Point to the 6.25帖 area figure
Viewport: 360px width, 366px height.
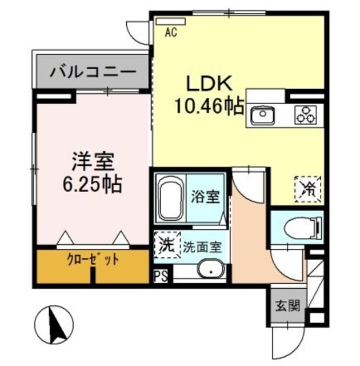pos(92,184)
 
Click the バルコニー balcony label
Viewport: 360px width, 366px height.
pos(92,73)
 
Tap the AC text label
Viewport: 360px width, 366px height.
pos(170,33)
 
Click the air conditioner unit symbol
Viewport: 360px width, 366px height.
pos(166,21)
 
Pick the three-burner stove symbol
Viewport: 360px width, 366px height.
pos(305,115)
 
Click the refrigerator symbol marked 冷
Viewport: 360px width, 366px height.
pos(308,188)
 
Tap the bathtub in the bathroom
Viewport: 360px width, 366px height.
pos(169,198)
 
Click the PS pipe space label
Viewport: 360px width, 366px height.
pos(161,279)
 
